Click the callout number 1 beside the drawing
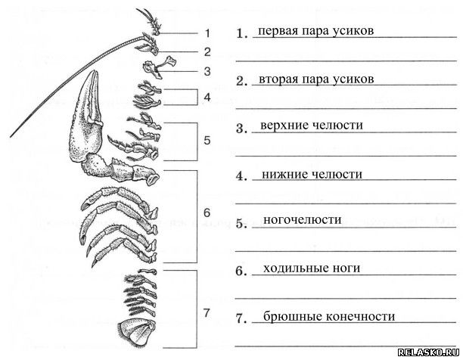pos(207,33)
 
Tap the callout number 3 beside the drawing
pos(207,71)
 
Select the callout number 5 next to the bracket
pos(207,140)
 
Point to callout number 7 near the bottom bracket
pos(207,313)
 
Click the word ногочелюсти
pos(303,220)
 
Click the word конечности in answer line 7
pos(360,317)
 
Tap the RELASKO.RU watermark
pos(428,352)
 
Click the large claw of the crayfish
pos(85,118)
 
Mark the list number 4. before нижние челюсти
pos(241,176)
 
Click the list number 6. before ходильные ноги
pos(241,272)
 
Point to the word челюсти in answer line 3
pos(337,126)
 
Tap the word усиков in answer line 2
pos(353,79)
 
